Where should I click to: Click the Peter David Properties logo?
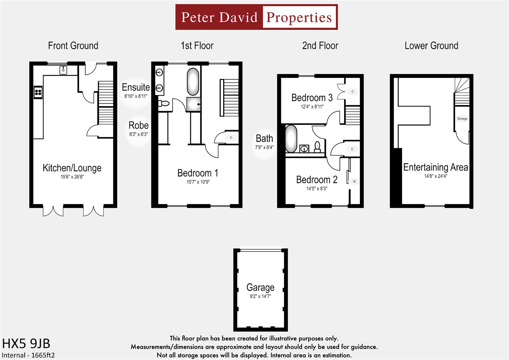point(256,17)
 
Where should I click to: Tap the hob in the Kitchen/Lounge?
point(38,92)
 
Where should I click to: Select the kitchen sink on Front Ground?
point(63,70)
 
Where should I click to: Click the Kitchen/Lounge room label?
point(72,168)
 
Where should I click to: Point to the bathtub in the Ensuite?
point(193,82)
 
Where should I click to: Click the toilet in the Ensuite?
point(164,104)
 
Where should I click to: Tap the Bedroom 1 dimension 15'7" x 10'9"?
point(198,182)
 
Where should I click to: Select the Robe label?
point(139,125)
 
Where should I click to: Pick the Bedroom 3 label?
point(312,98)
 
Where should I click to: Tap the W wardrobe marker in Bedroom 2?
point(354,182)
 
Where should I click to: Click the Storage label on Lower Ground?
point(462,119)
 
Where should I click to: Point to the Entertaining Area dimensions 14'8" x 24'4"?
point(435,176)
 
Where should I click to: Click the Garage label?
point(260,287)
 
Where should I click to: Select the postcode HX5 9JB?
point(26,343)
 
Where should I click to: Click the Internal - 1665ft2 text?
point(28,355)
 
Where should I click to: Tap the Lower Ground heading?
point(431,46)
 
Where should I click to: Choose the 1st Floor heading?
point(197,46)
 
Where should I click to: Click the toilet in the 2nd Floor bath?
point(317,147)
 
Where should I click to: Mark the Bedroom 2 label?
point(317,180)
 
